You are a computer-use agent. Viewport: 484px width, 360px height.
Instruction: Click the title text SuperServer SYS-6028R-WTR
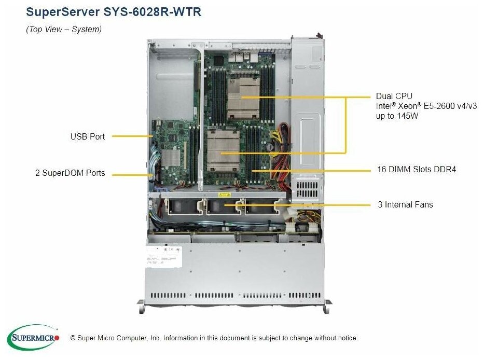(113, 12)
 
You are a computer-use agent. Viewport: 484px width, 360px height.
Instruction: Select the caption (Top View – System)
(64, 30)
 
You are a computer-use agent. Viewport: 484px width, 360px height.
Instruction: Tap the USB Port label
(87, 136)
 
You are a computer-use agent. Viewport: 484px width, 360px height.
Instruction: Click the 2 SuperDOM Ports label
(70, 173)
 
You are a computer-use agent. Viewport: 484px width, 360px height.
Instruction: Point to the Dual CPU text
(394, 96)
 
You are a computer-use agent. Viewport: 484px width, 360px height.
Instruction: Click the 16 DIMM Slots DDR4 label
(417, 169)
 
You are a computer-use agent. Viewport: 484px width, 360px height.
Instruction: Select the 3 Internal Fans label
(405, 204)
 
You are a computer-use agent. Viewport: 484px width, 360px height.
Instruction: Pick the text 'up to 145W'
(397, 116)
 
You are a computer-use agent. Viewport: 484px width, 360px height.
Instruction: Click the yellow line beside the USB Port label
(132, 136)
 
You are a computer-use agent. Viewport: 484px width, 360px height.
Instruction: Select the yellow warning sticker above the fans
(224, 195)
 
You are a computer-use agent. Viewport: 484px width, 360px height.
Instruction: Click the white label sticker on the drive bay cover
(163, 257)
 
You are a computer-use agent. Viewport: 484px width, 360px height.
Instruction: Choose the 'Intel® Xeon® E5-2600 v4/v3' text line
(426, 106)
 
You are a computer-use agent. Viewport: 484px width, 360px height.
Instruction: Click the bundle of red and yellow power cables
(280, 150)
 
